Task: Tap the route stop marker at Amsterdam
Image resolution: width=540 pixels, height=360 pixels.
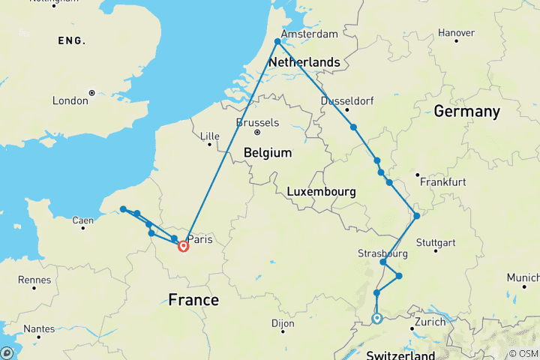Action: click(277, 42)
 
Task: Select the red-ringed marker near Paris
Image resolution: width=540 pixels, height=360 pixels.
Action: click(183, 246)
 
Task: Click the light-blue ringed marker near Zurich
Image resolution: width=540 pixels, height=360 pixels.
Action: click(377, 318)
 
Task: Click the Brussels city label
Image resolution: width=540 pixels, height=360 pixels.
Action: click(257, 123)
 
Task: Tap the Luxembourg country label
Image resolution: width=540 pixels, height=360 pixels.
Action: click(321, 192)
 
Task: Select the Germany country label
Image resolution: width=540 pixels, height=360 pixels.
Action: click(466, 112)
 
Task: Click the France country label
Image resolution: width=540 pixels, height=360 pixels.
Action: click(193, 300)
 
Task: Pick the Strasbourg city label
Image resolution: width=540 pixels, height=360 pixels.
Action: click(382, 253)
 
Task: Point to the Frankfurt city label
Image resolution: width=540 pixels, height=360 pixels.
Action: click(443, 181)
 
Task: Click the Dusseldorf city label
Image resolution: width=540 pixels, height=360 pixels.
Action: click(347, 101)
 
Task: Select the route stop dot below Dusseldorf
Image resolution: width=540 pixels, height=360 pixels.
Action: click(352, 127)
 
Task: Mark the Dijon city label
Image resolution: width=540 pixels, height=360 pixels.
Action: click(282, 325)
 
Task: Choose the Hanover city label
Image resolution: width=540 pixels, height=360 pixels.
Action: click(456, 33)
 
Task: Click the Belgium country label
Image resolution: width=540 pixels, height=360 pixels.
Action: click(267, 152)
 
